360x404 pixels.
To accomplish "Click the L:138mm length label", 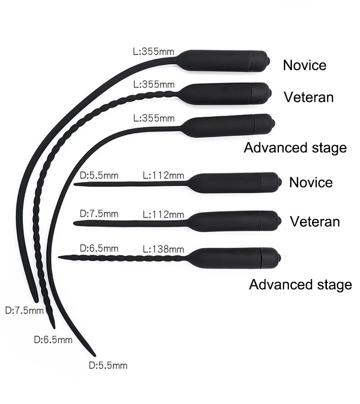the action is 164,249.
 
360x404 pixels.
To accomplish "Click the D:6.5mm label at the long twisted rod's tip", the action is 53,340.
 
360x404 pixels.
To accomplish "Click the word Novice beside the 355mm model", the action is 304,65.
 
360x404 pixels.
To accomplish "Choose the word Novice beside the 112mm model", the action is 311,183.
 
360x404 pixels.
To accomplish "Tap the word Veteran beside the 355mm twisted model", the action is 309,97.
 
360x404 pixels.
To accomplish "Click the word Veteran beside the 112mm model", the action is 315,221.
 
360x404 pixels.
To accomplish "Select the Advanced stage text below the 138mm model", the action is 300,284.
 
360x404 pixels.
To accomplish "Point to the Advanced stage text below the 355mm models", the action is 295,147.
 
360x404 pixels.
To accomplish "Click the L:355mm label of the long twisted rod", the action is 153,85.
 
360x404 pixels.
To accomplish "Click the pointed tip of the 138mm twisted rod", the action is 60,257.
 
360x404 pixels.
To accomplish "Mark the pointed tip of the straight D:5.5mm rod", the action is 75,183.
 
